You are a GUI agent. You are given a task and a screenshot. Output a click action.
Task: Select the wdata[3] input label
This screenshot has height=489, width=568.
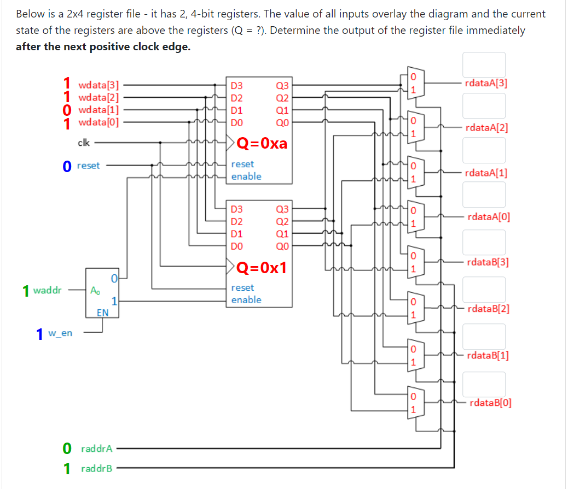[x=99, y=85]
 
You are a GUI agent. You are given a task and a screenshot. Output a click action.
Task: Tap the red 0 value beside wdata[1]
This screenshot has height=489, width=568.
[x=67, y=111]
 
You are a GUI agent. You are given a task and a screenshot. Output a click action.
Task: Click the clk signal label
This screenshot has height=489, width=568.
[x=84, y=143]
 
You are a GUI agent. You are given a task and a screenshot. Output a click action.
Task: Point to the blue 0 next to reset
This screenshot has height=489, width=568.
[x=67, y=166]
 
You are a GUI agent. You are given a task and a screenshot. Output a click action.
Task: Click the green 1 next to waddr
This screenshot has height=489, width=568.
[x=26, y=290]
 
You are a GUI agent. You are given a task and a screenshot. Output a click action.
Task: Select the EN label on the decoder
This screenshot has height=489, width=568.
[x=102, y=313]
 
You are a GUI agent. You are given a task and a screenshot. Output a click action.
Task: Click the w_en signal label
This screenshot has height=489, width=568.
[x=60, y=332]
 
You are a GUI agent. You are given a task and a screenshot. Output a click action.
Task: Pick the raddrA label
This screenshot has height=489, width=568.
[x=96, y=449]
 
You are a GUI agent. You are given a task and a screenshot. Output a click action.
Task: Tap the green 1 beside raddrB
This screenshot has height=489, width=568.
[x=67, y=468]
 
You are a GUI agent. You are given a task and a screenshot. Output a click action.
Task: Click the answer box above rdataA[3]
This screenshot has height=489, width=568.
[x=484, y=64]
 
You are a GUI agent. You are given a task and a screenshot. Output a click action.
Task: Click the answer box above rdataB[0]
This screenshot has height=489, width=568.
[x=484, y=385]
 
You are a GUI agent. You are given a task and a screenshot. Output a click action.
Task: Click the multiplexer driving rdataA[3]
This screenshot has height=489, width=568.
[x=414, y=83]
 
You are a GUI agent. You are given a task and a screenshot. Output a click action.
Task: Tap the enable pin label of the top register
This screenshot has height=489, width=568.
[x=246, y=176]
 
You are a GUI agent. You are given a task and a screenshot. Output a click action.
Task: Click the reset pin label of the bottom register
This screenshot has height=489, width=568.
[x=242, y=287]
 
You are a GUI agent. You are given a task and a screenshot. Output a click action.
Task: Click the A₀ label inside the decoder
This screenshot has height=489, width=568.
[x=95, y=290]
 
